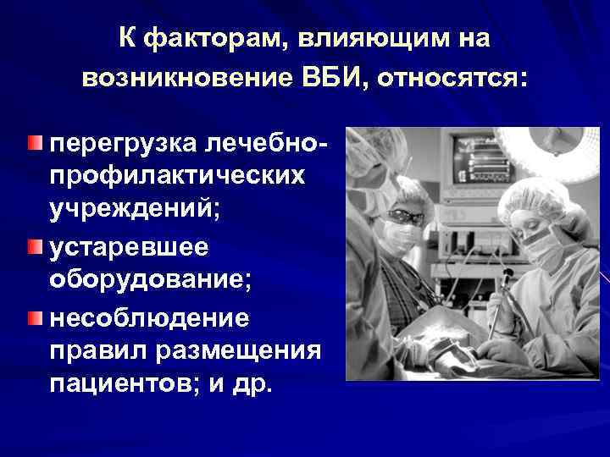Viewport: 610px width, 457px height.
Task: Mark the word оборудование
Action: (150, 281)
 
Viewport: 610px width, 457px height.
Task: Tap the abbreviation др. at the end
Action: (252, 385)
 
